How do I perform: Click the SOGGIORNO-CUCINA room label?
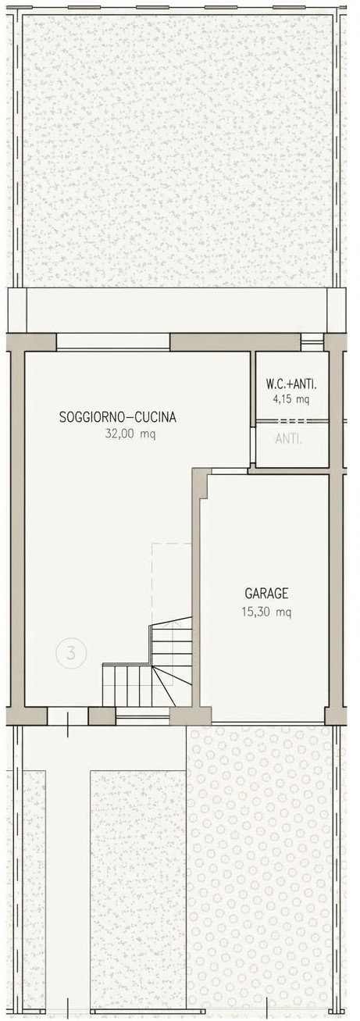click(118, 417)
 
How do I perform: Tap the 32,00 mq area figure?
click(130, 434)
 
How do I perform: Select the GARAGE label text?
click(266, 594)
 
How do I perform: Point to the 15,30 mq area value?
click(266, 612)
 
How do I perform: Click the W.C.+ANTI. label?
click(291, 384)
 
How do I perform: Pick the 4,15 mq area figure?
click(291, 400)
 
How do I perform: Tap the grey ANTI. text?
click(289, 439)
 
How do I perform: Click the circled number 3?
click(71, 654)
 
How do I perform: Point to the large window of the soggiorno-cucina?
click(113, 342)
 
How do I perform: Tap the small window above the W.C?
click(312, 342)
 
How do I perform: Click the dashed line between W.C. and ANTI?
click(292, 420)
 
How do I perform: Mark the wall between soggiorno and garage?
click(196, 593)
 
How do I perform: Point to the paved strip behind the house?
click(178, 310)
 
